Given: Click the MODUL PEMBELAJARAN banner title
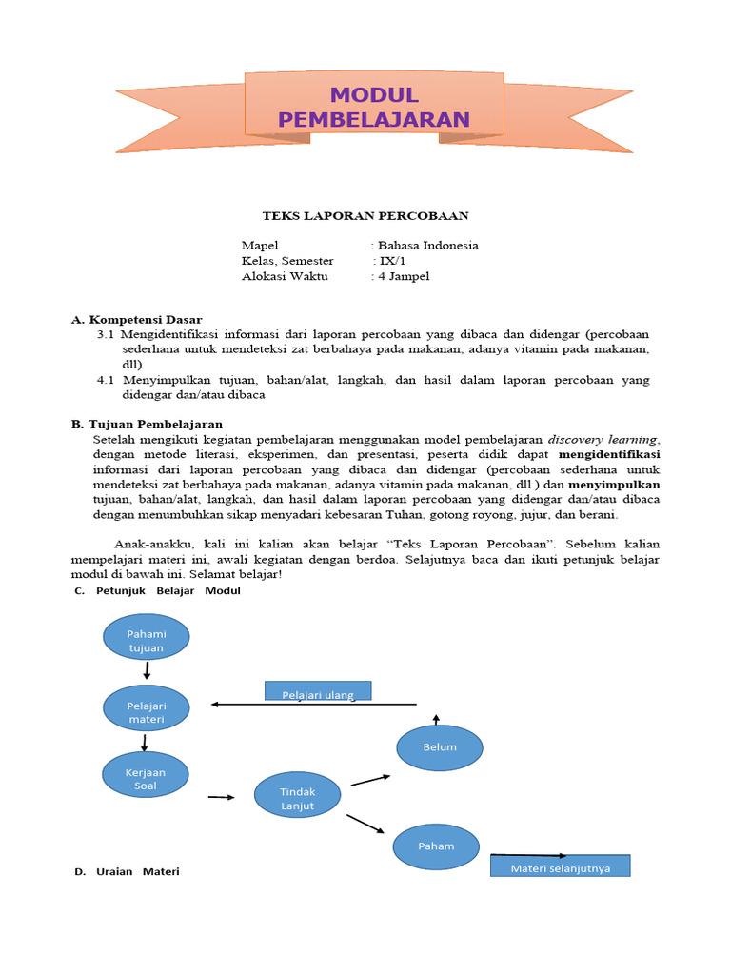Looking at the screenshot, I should [x=374, y=107].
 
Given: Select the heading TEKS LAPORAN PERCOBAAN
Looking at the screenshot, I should [x=365, y=216].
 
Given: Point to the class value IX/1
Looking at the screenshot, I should [x=390, y=261].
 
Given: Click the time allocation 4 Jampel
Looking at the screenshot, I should [x=404, y=276].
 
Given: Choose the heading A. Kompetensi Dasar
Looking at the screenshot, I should [x=137, y=320].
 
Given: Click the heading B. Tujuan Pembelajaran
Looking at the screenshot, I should [x=147, y=424].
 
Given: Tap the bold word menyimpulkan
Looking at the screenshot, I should [x=614, y=485].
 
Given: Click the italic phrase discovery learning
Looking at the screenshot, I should [x=603, y=440].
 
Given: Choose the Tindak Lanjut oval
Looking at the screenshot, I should [x=297, y=798].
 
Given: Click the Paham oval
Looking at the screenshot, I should [x=436, y=846].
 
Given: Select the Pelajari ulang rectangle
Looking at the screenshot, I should [x=318, y=691].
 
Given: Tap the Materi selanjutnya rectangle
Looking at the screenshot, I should [x=560, y=866].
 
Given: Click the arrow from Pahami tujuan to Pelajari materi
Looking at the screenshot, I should [x=147, y=672].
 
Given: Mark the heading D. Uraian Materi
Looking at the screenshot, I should [x=127, y=872].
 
